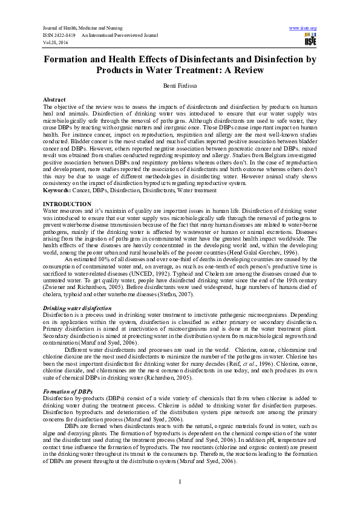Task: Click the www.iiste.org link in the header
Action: pyautogui.click(x=304, y=28)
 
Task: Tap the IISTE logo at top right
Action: pyautogui.click(x=310, y=40)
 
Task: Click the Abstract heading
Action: pyautogui.click(x=54, y=99)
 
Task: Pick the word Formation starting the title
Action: pyautogui.click(x=70, y=60)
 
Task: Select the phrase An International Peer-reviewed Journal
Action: pyautogui.click(x=119, y=36)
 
